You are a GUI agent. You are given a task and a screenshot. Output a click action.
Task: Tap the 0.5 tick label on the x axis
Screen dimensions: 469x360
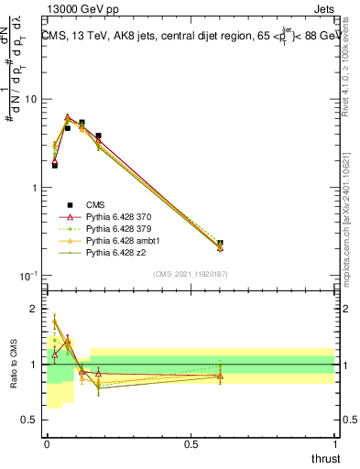coord(191,443)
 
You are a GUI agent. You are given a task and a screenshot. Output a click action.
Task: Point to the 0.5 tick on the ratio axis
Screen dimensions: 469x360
coord(35,420)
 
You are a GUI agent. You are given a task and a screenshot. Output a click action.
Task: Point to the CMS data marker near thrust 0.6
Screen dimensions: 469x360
coord(220,244)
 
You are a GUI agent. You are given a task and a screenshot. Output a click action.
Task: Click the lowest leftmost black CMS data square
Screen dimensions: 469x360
coord(55,165)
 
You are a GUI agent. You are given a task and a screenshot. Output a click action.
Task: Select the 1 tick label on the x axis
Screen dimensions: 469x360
coord(335,443)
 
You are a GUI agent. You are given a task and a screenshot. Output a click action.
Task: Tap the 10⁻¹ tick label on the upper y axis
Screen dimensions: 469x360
coord(29,276)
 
